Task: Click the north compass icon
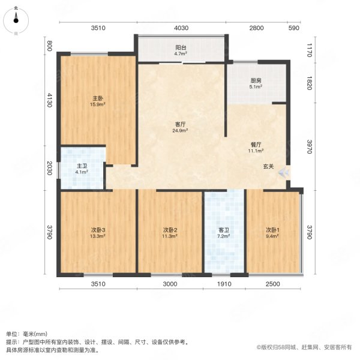click(x=16, y=18)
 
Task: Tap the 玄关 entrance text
click(x=268, y=166)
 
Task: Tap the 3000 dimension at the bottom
click(x=171, y=284)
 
